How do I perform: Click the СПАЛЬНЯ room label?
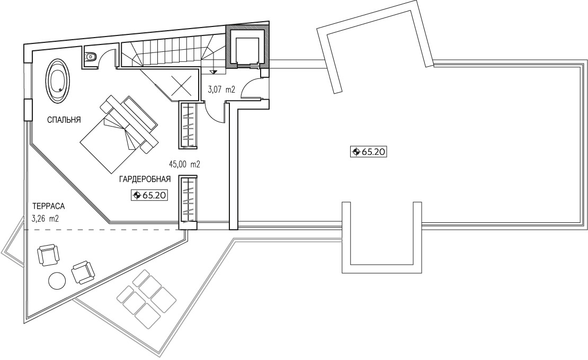point(64,120)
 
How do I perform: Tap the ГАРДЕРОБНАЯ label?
point(145,179)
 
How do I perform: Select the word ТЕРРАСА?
point(48,206)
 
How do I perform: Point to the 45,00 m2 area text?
point(184,164)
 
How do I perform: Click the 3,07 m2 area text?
point(221,89)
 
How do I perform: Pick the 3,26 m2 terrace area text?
point(46,219)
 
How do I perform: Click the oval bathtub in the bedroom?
point(58,80)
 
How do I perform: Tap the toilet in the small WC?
point(90,57)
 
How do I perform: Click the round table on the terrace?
point(57,281)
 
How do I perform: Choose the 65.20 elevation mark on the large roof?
point(368,152)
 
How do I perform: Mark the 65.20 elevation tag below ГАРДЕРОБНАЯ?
point(149,195)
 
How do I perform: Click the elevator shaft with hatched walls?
point(247,47)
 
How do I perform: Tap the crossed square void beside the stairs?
point(182,86)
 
